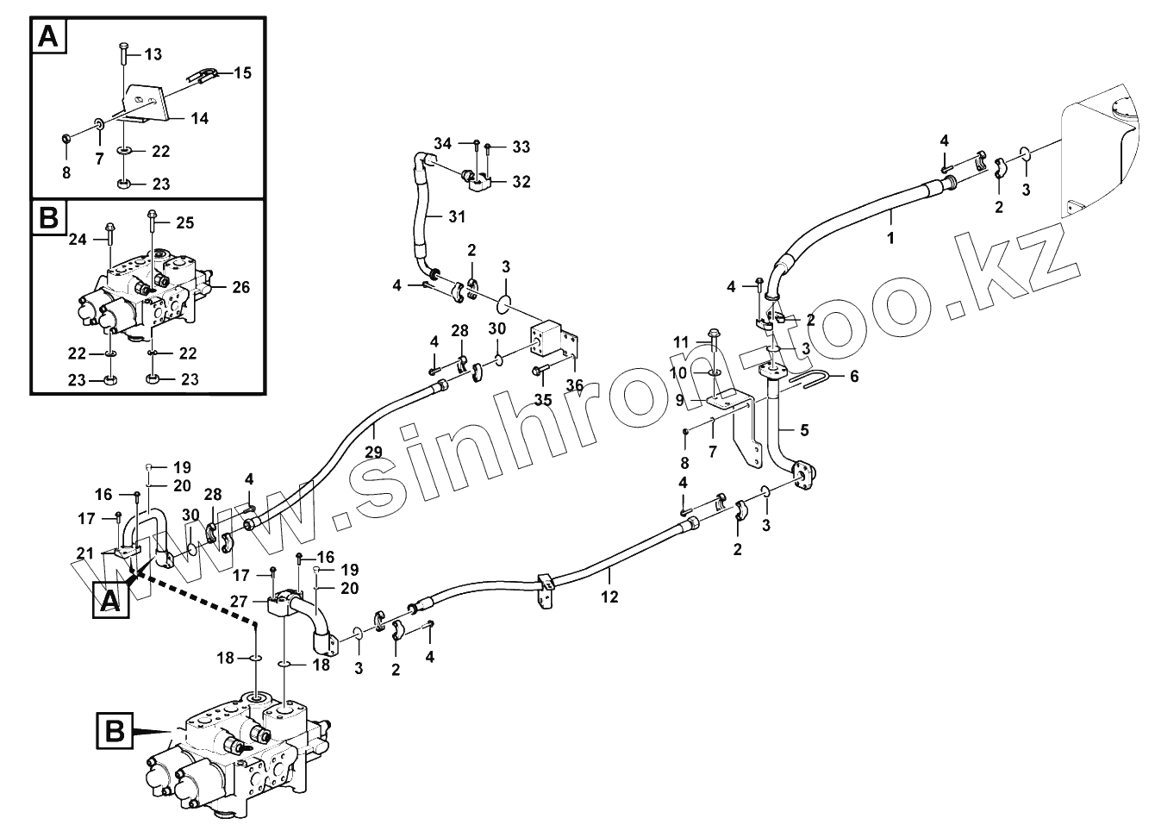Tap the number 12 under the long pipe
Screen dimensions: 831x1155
coord(610,597)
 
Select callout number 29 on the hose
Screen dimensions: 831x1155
coord(373,452)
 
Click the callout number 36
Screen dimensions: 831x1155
coord(575,384)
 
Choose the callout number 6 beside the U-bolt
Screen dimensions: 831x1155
coord(854,376)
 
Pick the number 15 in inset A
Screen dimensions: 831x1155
coord(242,72)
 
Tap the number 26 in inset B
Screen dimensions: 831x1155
coord(240,287)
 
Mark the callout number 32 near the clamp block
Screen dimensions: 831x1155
coord(521,182)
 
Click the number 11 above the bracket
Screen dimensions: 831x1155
coord(682,342)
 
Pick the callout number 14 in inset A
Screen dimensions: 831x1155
coord(199,119)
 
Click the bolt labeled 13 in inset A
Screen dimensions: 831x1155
coord(123,52)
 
